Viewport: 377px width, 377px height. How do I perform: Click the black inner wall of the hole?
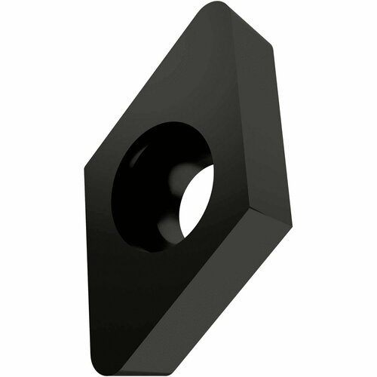(139, 173)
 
